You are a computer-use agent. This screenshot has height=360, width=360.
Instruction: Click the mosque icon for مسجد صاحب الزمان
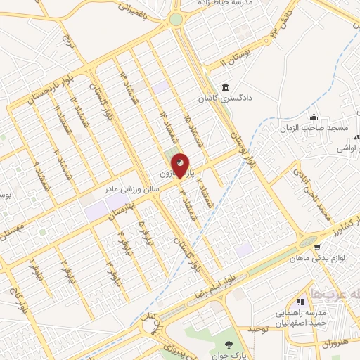point(314,117)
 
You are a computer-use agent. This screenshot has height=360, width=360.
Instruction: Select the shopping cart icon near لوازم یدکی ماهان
point(317,247)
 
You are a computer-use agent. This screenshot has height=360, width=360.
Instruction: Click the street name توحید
point(259,328)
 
